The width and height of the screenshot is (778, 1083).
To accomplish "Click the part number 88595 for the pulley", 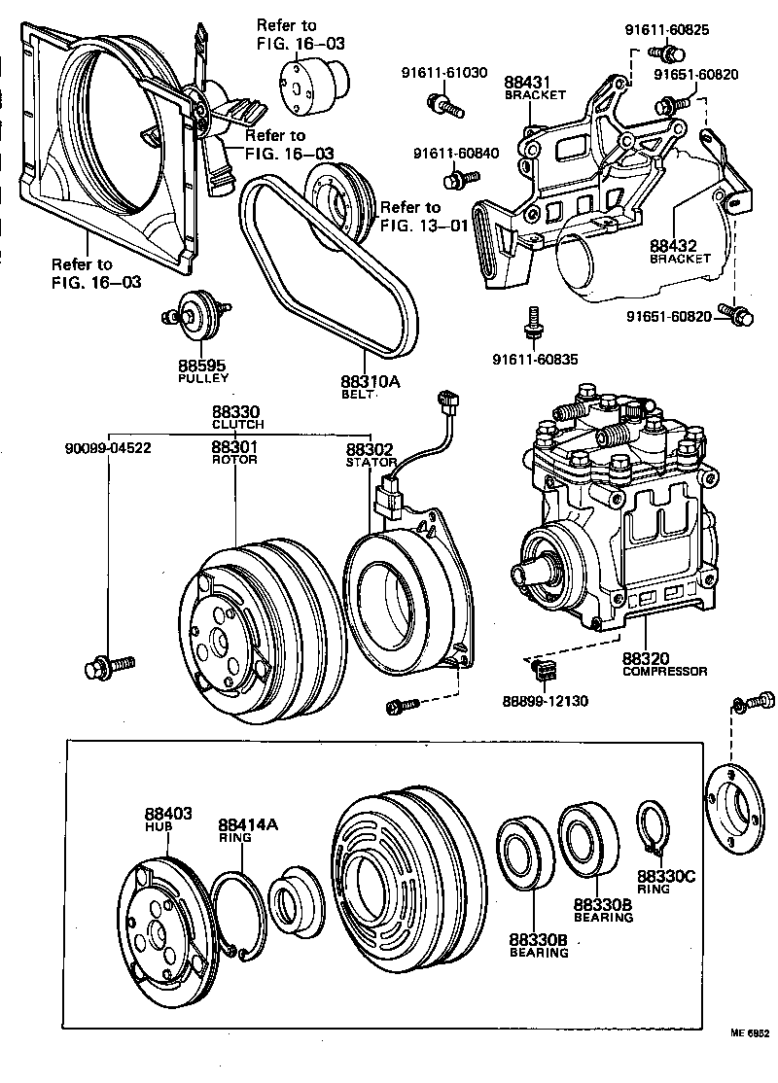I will (x=202, y=366).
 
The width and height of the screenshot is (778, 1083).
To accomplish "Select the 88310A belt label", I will (x=370, y=382).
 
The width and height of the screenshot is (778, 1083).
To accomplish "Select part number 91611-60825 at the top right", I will (x=666, y=29).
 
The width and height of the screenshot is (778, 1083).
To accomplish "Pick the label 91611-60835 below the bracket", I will (x=533, y=359).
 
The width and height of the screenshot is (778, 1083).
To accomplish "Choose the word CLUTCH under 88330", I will (x=237, y=425).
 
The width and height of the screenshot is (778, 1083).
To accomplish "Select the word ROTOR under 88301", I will (x=234, y=460).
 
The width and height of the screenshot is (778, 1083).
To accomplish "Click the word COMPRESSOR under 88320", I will (x=664, y=671).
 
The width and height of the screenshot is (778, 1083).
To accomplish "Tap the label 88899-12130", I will (x=545, y=700).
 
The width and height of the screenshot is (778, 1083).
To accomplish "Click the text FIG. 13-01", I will (x=424, y=225).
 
